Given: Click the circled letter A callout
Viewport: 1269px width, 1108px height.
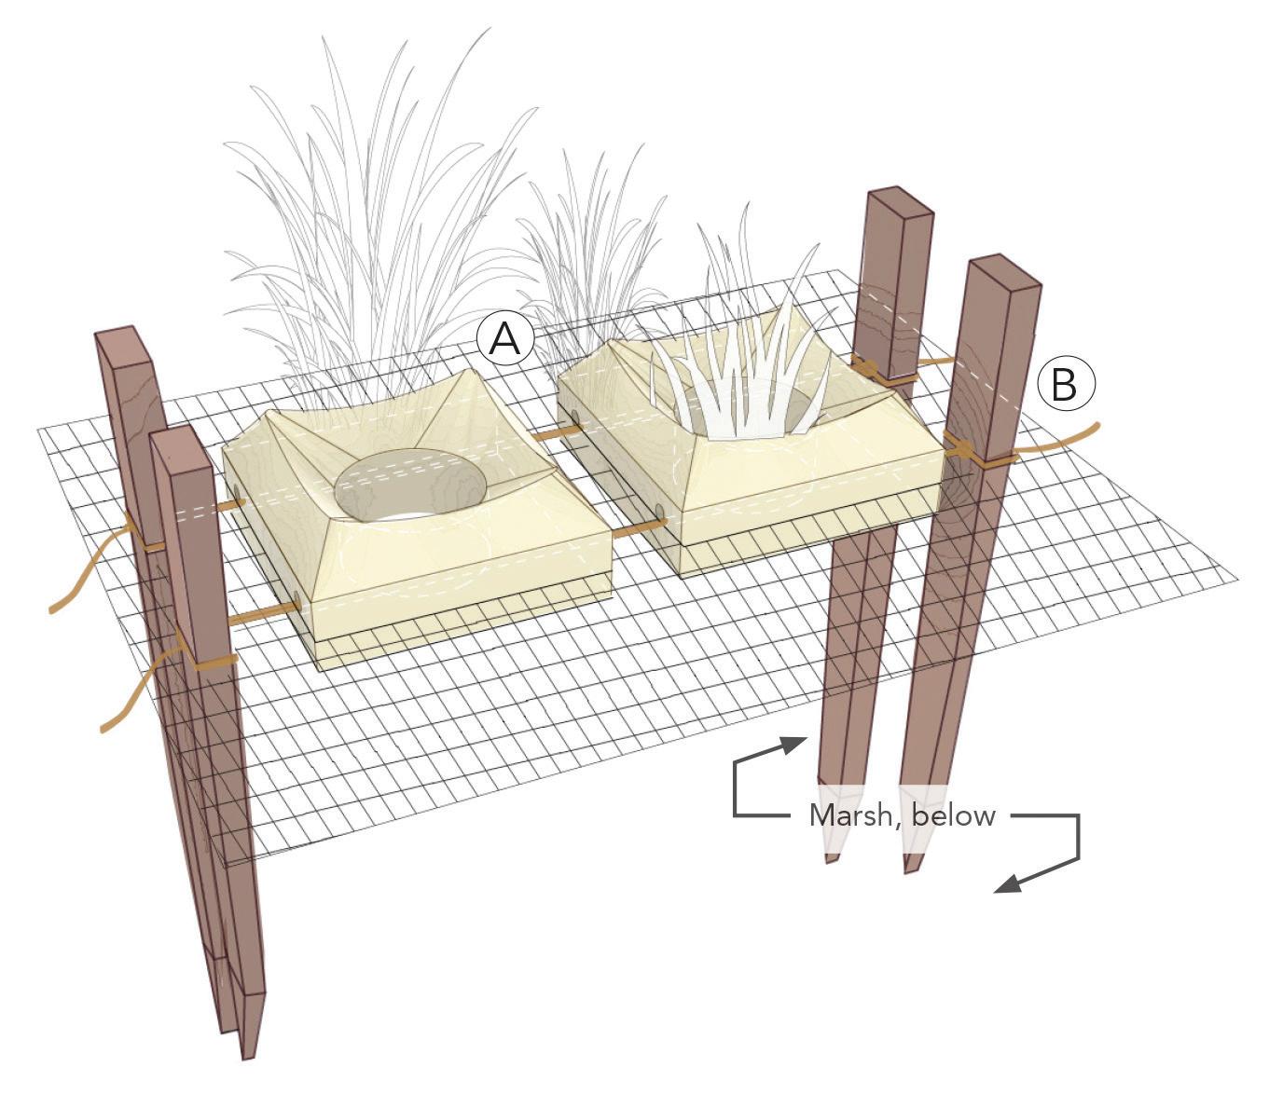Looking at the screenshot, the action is tap(505, 339).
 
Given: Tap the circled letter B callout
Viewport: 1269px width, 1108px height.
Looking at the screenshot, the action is tap(1066, 384).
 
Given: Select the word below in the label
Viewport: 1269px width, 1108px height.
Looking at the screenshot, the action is tap(954, 815).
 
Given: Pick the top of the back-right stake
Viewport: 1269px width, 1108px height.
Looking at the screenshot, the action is tap(901, 200).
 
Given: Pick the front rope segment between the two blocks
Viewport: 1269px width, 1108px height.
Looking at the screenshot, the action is tap(639, 528).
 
